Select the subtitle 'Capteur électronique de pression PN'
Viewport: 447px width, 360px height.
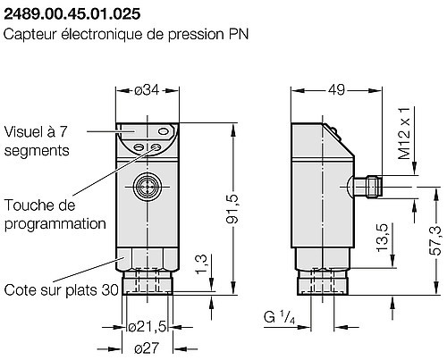(124, 35)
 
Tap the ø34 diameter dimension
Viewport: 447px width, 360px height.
(145, 89)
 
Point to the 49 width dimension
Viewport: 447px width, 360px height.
(336, 89)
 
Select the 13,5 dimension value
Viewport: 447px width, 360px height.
(384, 239)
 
